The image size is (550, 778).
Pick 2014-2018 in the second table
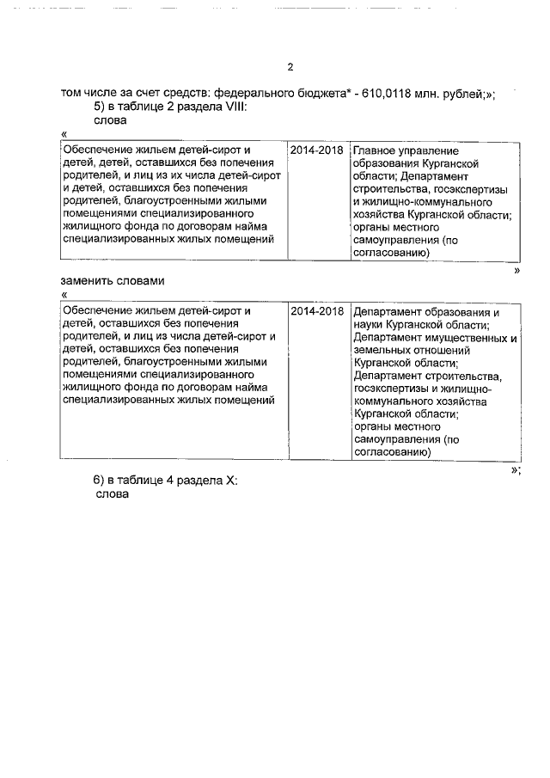click(x=316, y=311)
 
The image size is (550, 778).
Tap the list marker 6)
click(x=100, y=481)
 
